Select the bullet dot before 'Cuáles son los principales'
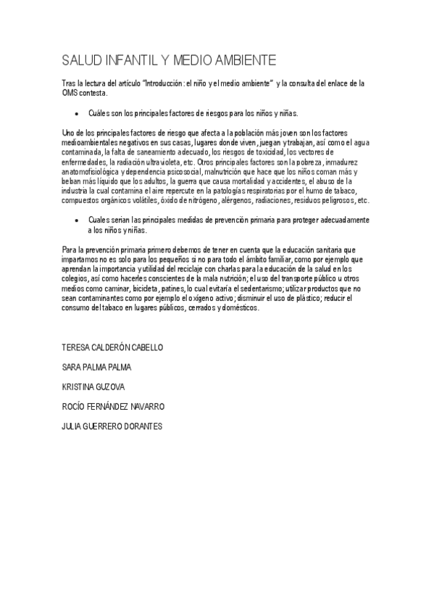click(x=76, y=114)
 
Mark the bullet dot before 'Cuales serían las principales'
click(x=76, y=220)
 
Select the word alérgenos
click(x=263, y=199)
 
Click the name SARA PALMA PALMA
click(x=97, y=368)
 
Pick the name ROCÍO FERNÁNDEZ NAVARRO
click(x=114, y=406)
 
